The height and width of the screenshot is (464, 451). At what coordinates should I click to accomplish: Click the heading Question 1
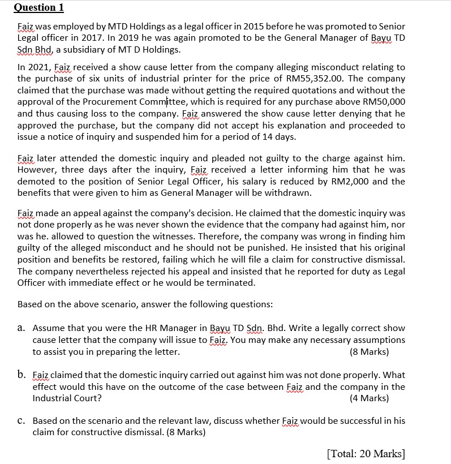(x=38, y=7)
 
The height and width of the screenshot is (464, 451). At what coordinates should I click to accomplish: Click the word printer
(x=166, y=79)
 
